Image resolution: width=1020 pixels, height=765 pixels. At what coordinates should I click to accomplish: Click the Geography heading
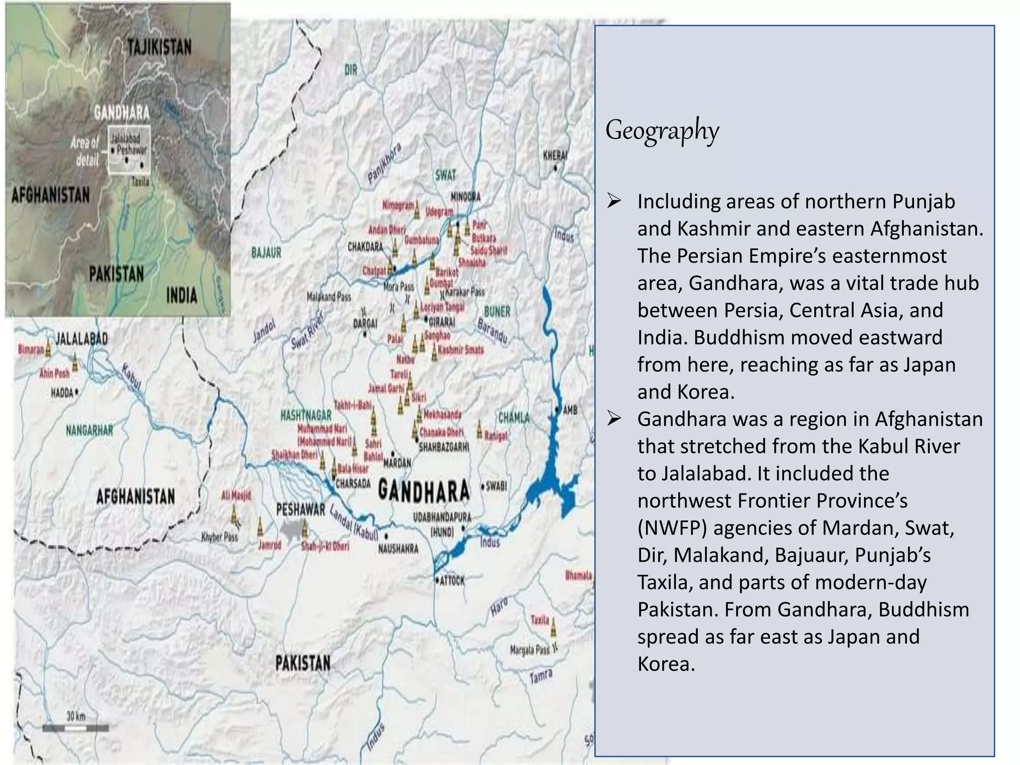(x=662, y=130)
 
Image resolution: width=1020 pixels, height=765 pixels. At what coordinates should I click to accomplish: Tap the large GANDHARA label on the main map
(x=424, y=491)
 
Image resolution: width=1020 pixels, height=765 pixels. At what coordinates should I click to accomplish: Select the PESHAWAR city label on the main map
(x=300, y=510)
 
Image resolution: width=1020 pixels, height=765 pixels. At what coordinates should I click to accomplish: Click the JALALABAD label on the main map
(x=81, y=339)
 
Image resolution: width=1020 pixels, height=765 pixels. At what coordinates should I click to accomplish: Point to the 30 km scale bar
(x=76, y=728)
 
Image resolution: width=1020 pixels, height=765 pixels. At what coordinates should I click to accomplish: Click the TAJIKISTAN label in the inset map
(x=159, y=47)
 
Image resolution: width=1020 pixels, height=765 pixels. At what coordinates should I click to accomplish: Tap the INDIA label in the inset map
(x=182, y=295)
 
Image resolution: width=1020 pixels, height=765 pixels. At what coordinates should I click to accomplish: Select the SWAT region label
(x=445, y=175)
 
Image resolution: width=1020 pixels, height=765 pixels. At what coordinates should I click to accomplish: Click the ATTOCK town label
(x=452, y=581)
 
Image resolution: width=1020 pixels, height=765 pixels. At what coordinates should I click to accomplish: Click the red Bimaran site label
(x=31, y=350)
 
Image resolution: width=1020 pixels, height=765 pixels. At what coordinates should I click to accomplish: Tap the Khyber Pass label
(x=220, y=537)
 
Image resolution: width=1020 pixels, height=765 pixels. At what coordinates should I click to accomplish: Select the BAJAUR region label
(x=266, y=253)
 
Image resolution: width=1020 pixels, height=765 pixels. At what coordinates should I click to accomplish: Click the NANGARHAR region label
(x=90, y=430)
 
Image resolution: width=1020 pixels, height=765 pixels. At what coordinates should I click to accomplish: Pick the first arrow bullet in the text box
(x=614, y=202)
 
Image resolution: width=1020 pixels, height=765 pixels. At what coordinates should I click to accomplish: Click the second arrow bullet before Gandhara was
(x=614, y=419)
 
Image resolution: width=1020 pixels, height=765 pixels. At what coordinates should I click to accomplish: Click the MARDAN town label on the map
(x=397, y=463)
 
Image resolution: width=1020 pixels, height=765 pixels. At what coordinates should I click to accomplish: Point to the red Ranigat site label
(x=496, y=436)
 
